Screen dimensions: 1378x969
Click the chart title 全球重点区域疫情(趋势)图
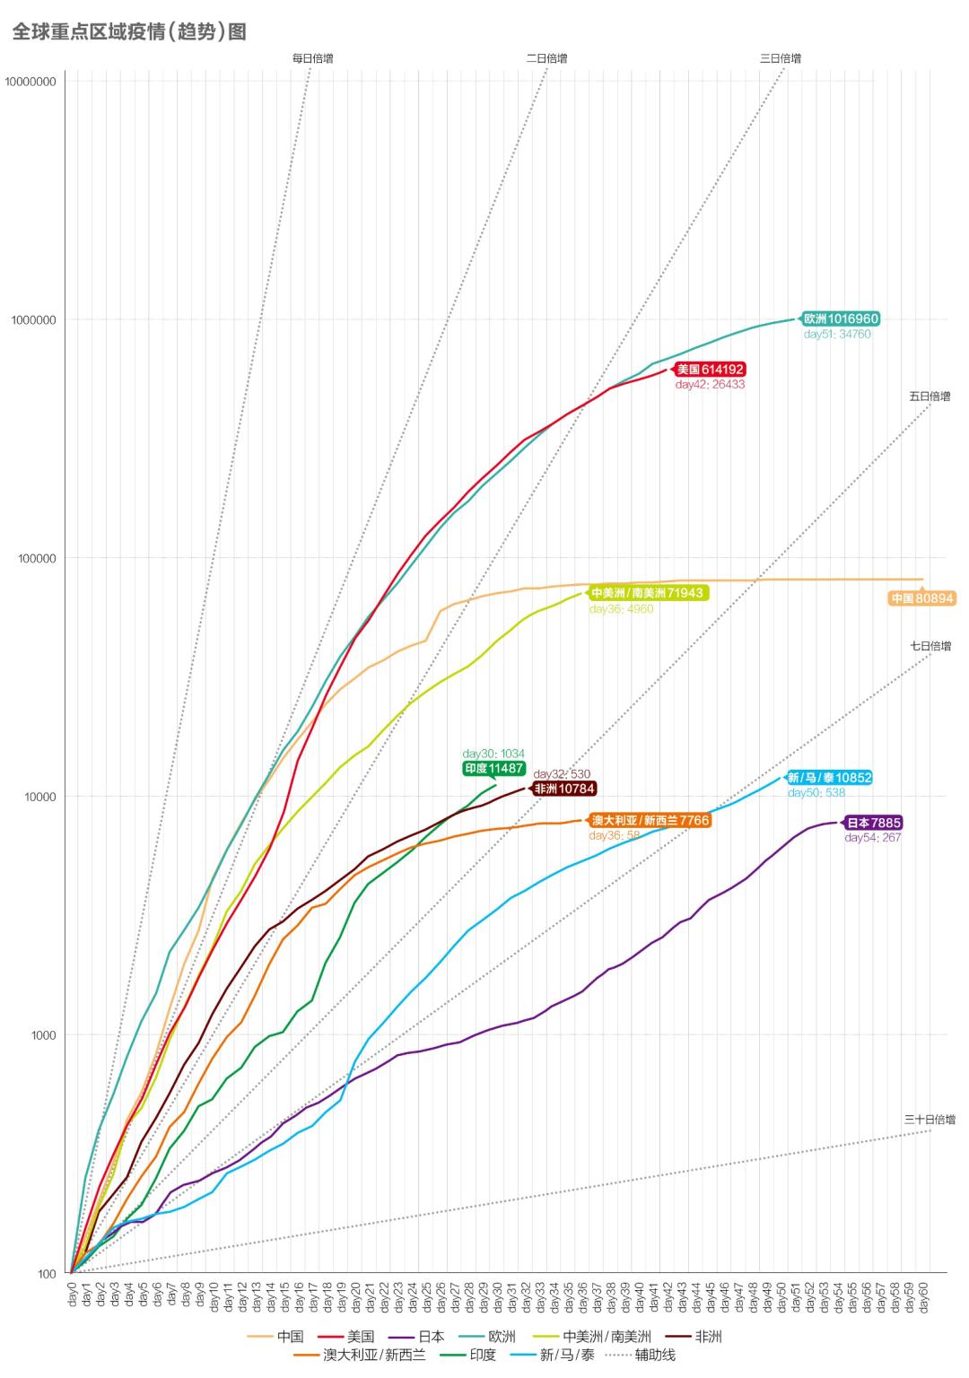pos(129,32)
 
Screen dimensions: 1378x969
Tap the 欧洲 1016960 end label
pos(841,318)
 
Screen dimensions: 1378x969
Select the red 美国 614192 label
pos(711,370)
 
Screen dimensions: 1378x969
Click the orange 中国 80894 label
pos(922,598)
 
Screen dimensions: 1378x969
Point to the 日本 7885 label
pos(873,823)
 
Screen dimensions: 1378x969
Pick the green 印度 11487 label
pos(494,769)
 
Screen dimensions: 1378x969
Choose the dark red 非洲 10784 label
pos(564,789)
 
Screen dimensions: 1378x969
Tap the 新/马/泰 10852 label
pos(829,778)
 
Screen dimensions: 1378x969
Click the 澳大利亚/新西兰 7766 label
pos(650,820)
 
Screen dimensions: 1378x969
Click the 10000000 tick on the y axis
pos(31,82)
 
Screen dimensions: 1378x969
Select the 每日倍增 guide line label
pos(312,58)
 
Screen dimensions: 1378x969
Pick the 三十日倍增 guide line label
pos(930,1120)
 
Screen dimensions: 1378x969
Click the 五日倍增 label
pos(930,396)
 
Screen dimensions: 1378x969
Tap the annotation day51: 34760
pos(837,335)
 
